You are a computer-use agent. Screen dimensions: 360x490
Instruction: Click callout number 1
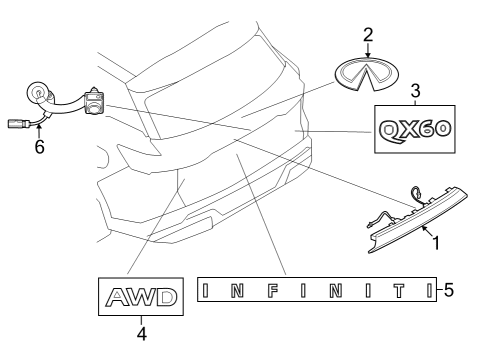[433, 241]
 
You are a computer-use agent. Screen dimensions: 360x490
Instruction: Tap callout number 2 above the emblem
[368, 35]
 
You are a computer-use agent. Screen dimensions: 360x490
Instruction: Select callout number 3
[414, 91]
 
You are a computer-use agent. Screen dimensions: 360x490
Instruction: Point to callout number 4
[141, 334]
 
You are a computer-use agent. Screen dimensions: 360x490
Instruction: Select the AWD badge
[141, 297]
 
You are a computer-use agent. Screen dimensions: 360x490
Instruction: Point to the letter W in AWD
[141, 297]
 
